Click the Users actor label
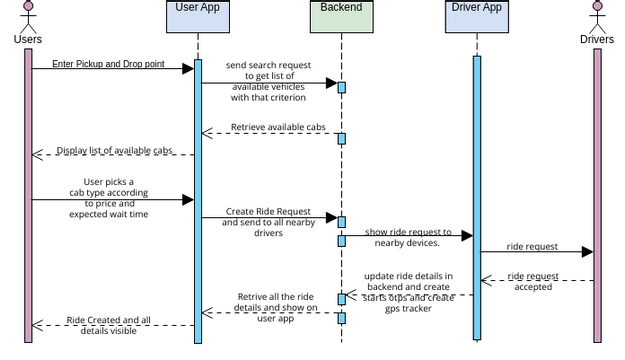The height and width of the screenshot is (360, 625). (29, 40)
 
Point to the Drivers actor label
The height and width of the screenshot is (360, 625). (597, 40)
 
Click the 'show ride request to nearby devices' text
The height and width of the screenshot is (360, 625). (408, 237)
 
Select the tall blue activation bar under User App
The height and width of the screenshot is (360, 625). (198, 200)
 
